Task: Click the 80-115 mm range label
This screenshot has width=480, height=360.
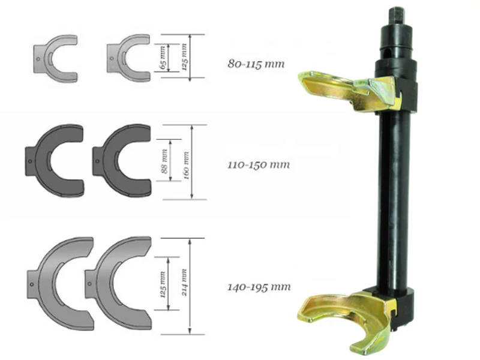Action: click(256, 64)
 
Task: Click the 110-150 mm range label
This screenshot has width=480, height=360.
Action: click(259, 164)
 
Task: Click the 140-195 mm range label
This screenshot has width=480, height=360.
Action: click(259, 287)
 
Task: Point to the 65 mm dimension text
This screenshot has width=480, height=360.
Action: click(163, 57)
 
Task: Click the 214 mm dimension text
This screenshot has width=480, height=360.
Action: click(184, 282)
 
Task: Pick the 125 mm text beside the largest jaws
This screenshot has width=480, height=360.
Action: click(163, 284)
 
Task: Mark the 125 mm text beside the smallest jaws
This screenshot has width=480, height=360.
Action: click(184, 57)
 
